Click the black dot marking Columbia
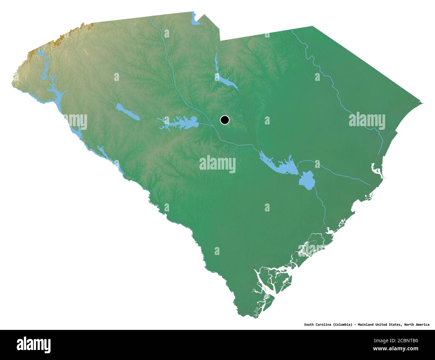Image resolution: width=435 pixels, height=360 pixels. click(225, 120)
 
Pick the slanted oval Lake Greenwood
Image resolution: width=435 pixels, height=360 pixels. click(127, 112)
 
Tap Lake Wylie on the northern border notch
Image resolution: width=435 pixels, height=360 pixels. click(194, 21)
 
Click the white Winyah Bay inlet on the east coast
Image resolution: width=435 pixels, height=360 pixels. click(376, 171)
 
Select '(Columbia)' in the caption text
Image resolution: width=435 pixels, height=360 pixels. click(342, 324)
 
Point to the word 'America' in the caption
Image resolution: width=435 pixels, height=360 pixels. click(421, 324)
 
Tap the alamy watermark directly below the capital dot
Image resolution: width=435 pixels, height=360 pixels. click(217, 164)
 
